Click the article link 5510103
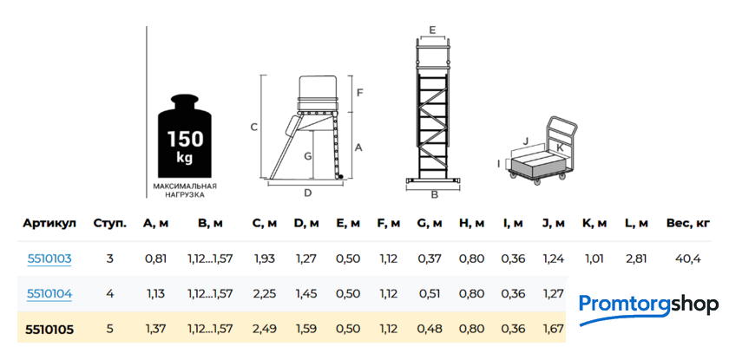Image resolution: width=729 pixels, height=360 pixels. pos(49,259)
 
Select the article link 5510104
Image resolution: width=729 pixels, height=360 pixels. pos(49,294)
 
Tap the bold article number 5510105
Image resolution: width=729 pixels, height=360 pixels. pos(49,330)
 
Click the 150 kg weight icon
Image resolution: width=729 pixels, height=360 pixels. pos(185,135)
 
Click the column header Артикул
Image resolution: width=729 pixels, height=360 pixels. pos(49,224)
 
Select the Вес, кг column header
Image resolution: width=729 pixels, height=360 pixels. pos(688,224)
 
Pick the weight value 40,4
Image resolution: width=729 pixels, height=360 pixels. pos(688,259)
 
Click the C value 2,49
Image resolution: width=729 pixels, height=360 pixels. pos(265,330)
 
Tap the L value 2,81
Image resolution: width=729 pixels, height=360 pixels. pos(636,259)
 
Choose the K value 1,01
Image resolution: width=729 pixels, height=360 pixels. pos(594,259)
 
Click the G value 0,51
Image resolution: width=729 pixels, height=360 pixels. pos(430,294)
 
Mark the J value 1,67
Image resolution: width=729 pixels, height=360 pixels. pos(554,330)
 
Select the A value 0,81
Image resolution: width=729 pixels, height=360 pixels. pos(155,259)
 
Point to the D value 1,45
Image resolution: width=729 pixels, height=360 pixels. pos(306,294)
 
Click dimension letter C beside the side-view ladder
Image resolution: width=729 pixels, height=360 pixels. pos(253,128)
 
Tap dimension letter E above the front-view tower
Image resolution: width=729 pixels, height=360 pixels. pos(432,30)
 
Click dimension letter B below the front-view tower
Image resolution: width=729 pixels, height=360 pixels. pos(435,195)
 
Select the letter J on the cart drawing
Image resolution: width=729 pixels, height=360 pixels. pos(526,141)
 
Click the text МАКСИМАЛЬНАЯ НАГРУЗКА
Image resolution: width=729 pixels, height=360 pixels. pos(185,191)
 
